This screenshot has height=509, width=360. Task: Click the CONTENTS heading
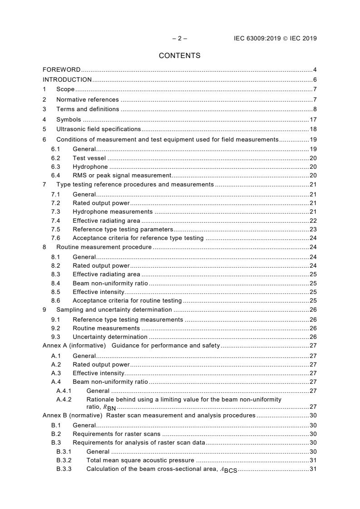[179, 56]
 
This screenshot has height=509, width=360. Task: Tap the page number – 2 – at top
[179, 39]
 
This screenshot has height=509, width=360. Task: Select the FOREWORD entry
[61, 70]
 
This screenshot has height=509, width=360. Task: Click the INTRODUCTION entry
[67, 80]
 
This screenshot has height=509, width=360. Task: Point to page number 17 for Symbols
[313, 120]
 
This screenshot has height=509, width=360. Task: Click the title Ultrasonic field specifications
[92, 129]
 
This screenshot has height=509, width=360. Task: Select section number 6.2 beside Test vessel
[55, 158]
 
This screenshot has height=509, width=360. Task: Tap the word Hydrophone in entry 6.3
[90, 167]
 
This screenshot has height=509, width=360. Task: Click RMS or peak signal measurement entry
[122, 176]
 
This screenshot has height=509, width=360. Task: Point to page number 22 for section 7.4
[313, 220]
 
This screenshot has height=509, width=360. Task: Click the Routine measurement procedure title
[104, 247]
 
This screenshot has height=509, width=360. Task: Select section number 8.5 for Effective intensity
[55, 292]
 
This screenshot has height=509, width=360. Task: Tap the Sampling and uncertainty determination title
[114, 310]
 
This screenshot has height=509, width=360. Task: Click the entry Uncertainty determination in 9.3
[110, 337]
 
